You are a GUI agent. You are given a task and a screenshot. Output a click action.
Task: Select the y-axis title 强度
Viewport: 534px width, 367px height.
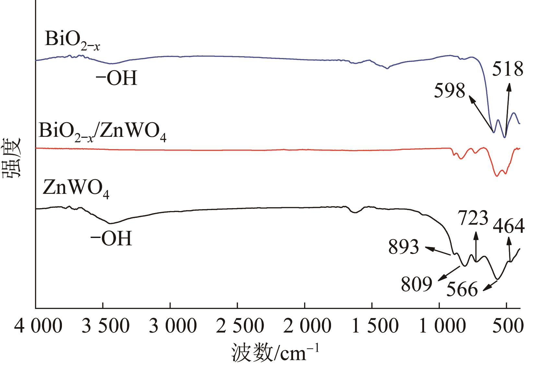pyautogui.click(x=12, y=158)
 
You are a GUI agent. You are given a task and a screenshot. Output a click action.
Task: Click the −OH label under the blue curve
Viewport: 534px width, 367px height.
pyautogui.click(x=117, y=79)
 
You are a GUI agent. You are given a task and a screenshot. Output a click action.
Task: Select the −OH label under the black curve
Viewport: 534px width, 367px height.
pyautogui.click(x=111, y=239)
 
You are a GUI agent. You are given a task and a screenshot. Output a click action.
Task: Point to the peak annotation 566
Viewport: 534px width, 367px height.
pyautogui.click(x=462, y=289)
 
